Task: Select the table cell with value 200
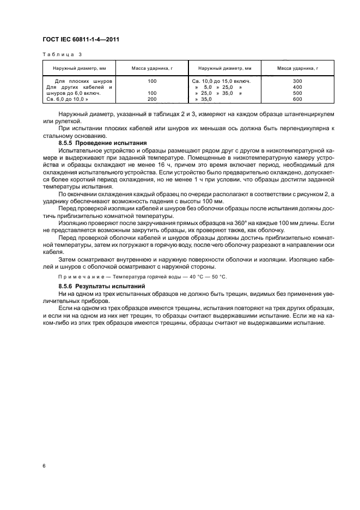point(152,99)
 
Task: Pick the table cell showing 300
point(297,81)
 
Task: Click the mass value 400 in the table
point(297,87)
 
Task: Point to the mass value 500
point(297,93)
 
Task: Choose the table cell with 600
point(297,99)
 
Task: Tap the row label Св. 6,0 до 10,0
point(67,99)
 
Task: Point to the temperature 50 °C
point(217,277)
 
